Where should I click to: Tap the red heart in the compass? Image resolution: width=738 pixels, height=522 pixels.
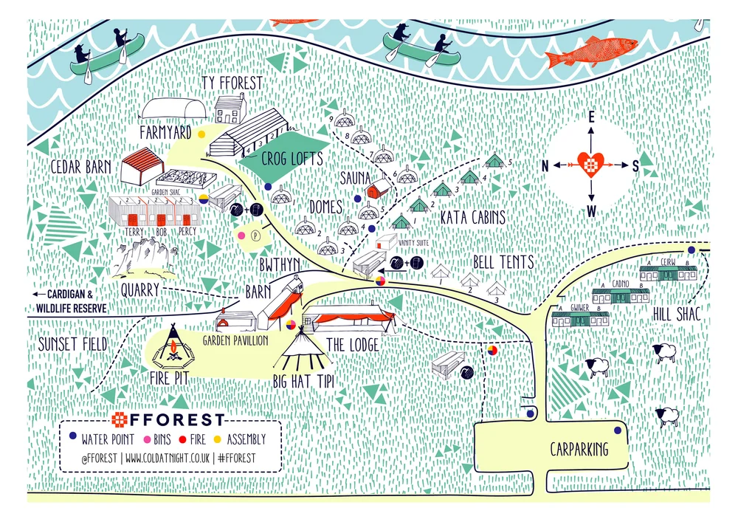click(590, 164)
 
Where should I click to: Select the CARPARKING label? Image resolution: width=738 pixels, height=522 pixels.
click(579, 449)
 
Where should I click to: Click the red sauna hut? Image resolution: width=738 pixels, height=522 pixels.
click(378, 190)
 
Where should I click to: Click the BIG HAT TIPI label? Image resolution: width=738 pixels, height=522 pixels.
click(303, 382)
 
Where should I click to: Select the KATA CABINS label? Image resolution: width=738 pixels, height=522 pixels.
click(472, 218)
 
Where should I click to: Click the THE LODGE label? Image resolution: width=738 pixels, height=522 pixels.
click(352, 344)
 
